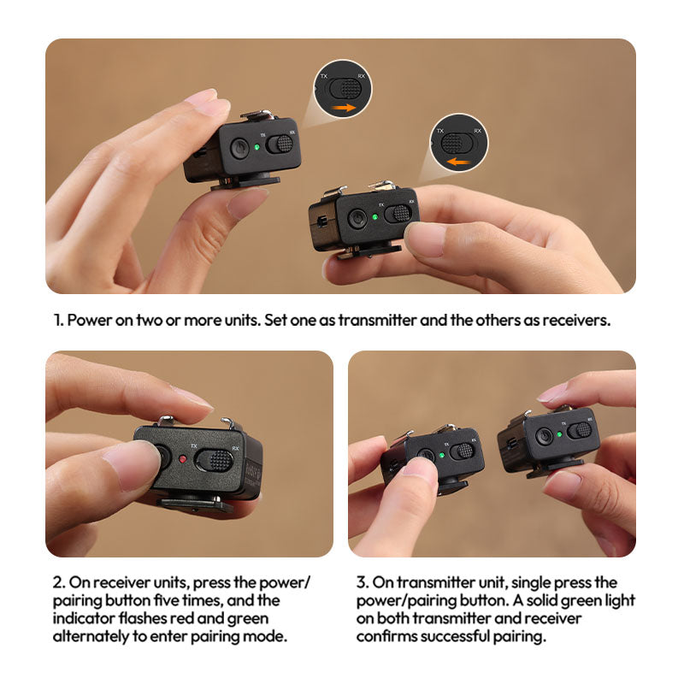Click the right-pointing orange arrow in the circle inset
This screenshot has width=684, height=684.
coord(344,108)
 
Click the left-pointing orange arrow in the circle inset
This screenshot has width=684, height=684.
coord(459,162)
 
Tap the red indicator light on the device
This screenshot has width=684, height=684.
coord(183,459)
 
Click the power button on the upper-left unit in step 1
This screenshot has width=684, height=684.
coord(239,147)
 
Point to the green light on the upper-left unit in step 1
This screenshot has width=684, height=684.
coord(257,147)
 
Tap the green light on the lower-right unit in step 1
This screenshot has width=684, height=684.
coord(374,217)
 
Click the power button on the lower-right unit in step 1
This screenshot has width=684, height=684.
coord(357,218)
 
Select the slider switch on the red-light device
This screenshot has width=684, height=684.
coord(213,460)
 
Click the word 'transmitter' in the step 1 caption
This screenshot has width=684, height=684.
coord(377,320)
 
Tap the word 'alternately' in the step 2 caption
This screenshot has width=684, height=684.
coord(91,636)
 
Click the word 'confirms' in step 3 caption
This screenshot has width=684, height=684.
coord(387,636)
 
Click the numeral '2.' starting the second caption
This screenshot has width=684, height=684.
coord(59,582)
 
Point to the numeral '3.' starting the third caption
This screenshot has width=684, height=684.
coord(363,582)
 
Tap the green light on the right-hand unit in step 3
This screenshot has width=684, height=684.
coord(559,434)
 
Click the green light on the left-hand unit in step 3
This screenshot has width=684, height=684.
coord(442,456)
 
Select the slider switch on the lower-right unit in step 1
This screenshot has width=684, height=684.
coord(398,213)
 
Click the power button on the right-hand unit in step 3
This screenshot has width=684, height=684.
coord(544,436)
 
